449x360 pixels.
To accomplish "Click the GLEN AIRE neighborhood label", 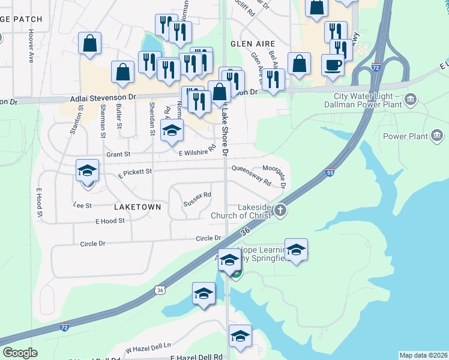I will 252,44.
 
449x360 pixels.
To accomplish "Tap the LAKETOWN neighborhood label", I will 137,206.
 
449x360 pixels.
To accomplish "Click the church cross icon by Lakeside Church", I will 280,210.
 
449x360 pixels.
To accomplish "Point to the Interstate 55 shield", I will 330,172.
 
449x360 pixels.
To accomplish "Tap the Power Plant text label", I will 405,137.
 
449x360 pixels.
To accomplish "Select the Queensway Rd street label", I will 252,175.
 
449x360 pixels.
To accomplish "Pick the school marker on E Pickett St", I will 88,170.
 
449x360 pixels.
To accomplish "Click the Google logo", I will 20,353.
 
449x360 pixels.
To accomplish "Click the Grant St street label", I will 118,154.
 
